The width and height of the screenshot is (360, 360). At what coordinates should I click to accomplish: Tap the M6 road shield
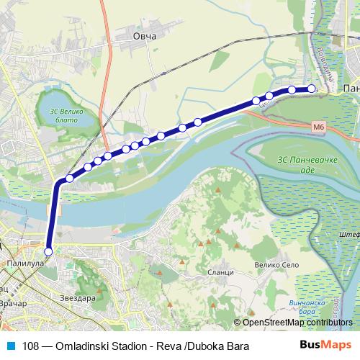(x=319, y=127)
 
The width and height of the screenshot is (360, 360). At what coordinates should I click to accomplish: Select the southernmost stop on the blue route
(x=48, y=252)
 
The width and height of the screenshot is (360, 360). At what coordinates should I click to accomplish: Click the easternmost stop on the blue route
(x=312, y=89)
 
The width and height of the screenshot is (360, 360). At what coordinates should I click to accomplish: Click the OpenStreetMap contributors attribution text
(x=297, y=323)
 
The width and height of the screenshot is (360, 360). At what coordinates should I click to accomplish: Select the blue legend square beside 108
(x=10, y=346)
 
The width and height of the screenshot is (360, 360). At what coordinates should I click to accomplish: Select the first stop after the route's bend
(x=70, y=178)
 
